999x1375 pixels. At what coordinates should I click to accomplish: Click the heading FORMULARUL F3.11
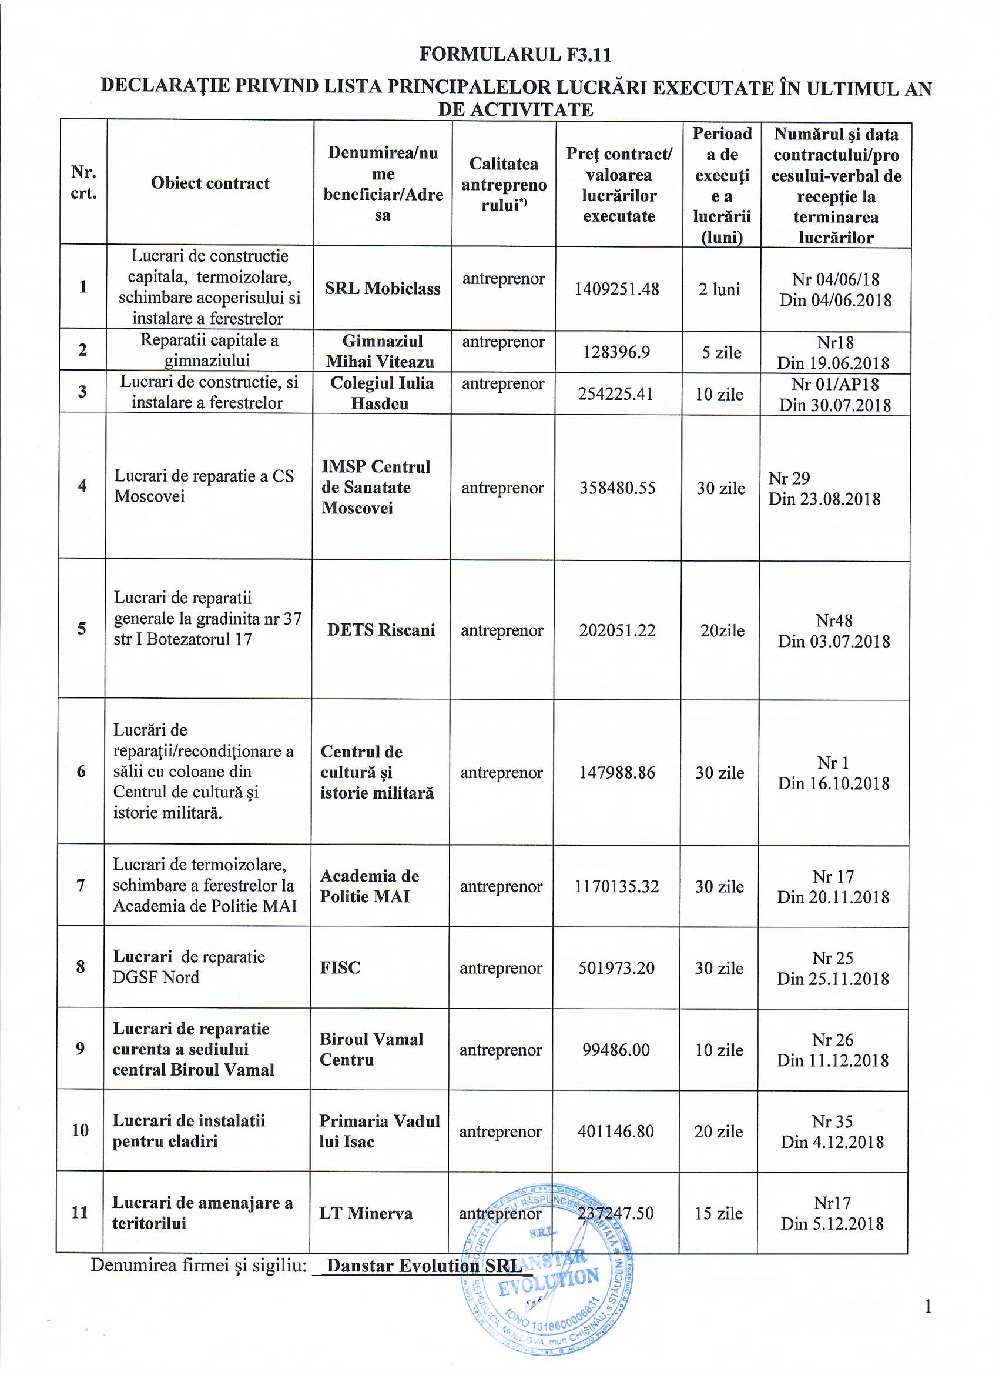tap(515, 55)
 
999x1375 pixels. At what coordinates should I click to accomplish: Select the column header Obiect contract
tap(210, 183)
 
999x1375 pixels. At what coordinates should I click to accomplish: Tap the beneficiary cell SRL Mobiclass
tap(383, 289)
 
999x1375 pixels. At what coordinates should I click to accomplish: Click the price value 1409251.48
tap(616, 289)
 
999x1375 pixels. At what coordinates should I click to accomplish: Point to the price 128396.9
tap(616, 352)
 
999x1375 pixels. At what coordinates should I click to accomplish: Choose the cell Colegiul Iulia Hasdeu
tap(381, 393)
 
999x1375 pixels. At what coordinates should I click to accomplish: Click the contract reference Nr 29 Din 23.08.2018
tap(824, 489)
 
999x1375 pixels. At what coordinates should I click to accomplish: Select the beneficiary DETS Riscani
tap(381, 630)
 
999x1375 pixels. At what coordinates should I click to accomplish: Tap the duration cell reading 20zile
tap(722, 631)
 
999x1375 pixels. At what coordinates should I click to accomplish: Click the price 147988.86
tap(616, 773)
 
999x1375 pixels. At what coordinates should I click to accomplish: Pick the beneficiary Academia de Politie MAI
tap(370, 886)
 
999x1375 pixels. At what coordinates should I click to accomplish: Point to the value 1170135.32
tap(616, 887)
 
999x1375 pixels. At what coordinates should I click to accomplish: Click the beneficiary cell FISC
tap(340, 967)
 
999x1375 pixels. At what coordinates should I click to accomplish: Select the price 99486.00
tap(616, 1050)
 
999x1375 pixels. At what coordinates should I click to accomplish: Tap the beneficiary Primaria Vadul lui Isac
tap(379, 1132)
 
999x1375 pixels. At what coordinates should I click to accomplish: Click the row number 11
tap(80, 1213)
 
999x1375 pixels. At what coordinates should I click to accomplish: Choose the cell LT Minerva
tap(366, 1213)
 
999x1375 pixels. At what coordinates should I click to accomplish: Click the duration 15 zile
tap(719, 1213)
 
